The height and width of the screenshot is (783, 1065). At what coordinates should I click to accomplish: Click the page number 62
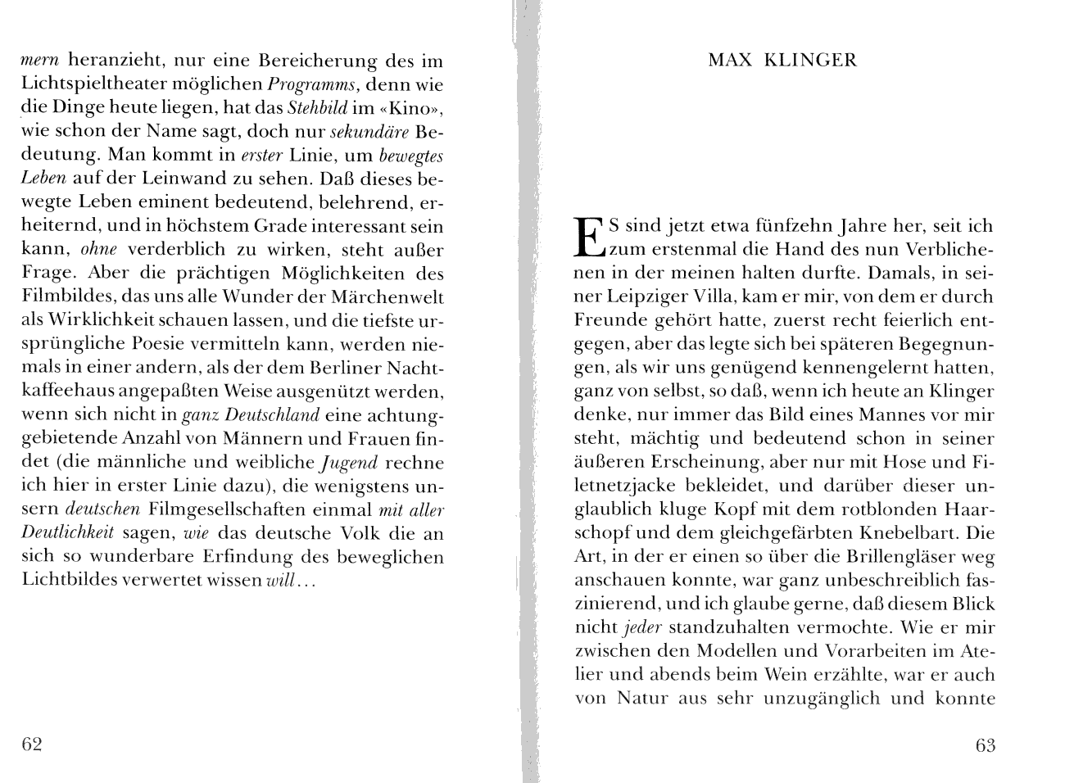click(x=31, y=744)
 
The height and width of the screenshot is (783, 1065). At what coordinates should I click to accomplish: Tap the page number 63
click(x=985, y=745)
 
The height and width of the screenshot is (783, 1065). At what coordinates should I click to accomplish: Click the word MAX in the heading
click(x=729, y=60)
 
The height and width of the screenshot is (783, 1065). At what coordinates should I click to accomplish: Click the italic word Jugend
click(x=349, y=463)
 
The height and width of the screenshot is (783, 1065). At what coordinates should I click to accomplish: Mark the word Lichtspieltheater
click(x=102, y=84)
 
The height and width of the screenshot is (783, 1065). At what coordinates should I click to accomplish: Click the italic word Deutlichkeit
click(x=68, y=534)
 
